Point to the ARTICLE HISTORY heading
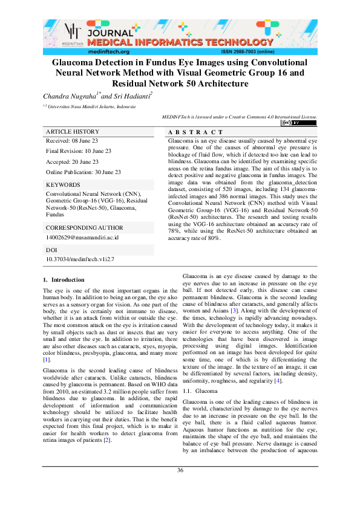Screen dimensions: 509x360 pos(73,132)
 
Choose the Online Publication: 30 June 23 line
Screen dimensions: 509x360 pos(83,172)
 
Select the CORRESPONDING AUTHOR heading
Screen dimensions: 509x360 pos(84,228)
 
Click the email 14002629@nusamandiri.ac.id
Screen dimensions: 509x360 pos(82,238)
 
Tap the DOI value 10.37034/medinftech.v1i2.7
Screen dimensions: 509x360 pos(80,259)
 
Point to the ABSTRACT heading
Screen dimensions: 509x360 pos(195,132)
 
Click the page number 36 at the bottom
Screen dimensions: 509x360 pos(180,488)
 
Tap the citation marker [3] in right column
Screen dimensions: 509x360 pos(234,310)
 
